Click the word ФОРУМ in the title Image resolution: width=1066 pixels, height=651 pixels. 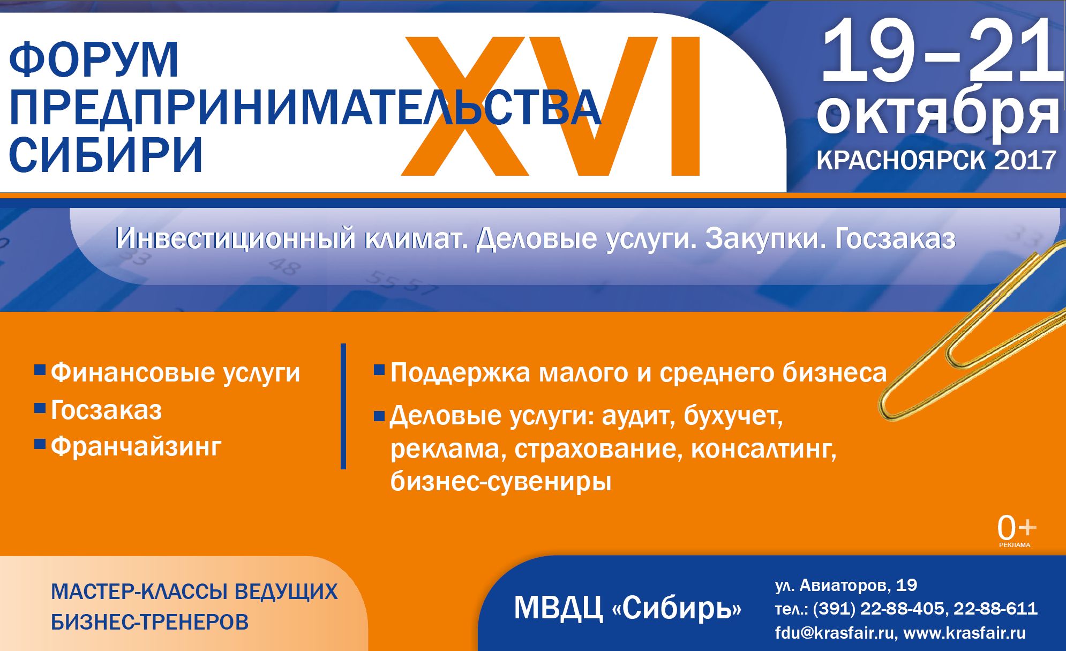(x=94, y=59)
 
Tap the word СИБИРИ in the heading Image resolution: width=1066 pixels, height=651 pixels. (x=106, y=155)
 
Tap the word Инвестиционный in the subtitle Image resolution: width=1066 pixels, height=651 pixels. (x=236, y=238)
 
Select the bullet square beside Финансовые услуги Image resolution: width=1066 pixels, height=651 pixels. (x=40, y=370)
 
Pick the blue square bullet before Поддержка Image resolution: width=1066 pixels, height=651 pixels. (x=379, y=370)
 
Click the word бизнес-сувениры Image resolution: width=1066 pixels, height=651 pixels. (x=501, y=481)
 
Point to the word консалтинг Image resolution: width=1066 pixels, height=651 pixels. (x=764, y=449)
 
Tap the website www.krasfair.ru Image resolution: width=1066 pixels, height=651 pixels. (x=965, y=633)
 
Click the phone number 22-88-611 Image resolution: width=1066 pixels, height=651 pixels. (x=996, y=609)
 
